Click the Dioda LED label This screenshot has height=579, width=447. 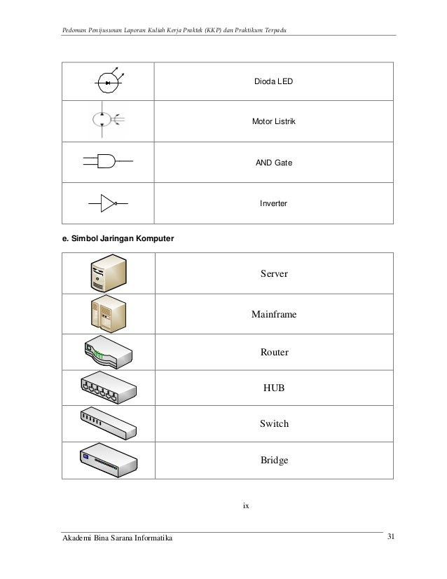pos(273,82)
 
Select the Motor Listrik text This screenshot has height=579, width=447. pos(274,123)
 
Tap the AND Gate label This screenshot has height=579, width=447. pos(274,163)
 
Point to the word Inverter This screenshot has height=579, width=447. pos(274,204)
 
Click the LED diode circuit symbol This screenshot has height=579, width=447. pos(108,83)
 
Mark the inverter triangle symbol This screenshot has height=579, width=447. pos(107,204)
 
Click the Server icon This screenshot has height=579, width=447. pos(106,274)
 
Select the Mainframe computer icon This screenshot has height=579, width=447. pos(106,313)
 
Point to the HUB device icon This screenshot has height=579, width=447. pos(107,386)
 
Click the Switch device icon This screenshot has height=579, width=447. pos(107,423)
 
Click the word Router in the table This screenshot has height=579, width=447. pos(274,353)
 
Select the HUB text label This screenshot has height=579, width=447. pos(274,388)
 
